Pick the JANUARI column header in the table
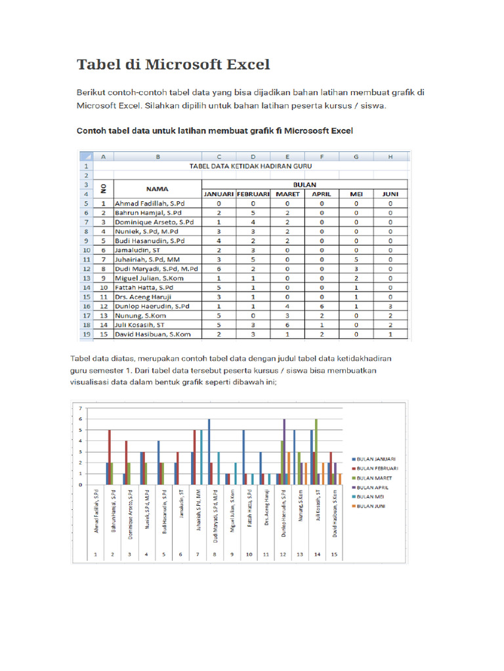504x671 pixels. [x=219, y=195]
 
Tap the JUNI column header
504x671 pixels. [x=390, y=195]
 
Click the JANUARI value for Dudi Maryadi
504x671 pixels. [x=219, y=268]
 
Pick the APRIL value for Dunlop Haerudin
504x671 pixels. [x=322, y=305]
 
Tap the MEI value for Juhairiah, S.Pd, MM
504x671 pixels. [x=356, y=259]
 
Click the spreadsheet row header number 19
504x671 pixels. [x=85, y=334]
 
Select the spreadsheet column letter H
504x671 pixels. [x=390, y=157]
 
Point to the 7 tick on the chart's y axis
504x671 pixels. [x=80, y=408]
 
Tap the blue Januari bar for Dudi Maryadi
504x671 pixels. [x=209, y=452]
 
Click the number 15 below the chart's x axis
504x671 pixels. [x=335, y=554]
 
